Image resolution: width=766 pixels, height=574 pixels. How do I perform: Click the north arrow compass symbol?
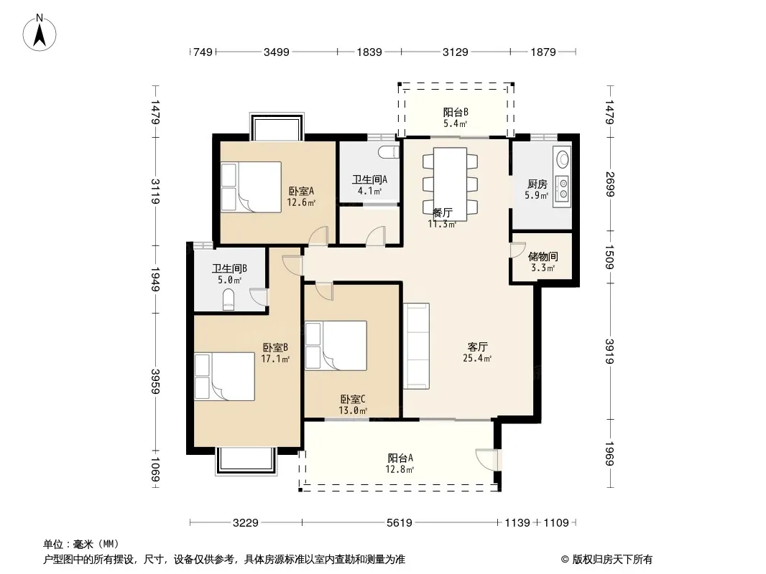(40, 33)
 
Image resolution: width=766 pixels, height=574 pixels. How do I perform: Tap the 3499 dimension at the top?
(277, 52)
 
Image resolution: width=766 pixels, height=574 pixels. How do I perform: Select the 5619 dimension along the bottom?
(399, 523)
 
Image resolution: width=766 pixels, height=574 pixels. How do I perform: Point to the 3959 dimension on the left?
(155, 382)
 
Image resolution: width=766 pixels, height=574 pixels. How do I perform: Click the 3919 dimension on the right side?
(609, 351)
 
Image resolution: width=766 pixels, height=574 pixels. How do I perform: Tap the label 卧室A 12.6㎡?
(301, 197)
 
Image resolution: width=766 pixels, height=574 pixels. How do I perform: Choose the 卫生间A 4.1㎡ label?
(369, 185)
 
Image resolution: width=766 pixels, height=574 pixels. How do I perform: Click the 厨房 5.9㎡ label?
(537, 189)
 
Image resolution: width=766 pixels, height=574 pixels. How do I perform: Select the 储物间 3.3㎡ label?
(543, 262)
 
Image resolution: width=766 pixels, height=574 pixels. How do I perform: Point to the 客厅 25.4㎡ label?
(477, 352)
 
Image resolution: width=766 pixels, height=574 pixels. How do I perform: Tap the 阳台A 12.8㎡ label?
(400, 464)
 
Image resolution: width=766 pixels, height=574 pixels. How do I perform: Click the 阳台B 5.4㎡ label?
(456, 118)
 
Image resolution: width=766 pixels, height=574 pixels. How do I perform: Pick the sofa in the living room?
(416, 347)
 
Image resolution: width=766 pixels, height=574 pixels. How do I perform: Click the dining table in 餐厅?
(450, 184)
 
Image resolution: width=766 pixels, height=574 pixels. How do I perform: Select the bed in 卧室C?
(336, 346)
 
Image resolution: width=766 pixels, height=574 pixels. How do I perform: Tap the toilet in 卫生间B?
(228, 300)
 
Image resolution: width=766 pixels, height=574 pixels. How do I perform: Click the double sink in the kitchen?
(563, 189)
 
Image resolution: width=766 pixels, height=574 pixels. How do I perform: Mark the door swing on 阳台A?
(486, 459)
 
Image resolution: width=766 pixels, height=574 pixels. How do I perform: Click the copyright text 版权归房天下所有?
(612, 560)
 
